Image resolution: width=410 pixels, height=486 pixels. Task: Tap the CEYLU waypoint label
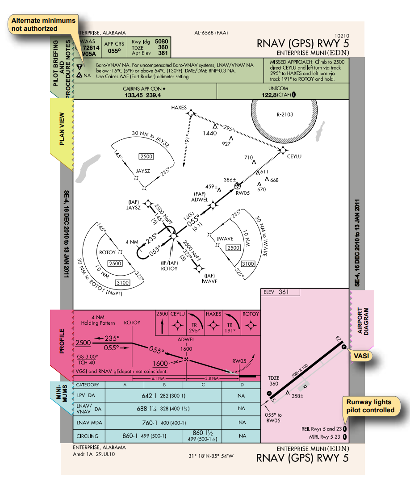coord(294,156)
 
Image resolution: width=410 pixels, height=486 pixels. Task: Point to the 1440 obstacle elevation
coord(209,133)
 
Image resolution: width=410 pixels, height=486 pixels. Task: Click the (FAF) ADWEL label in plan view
coord(200,197)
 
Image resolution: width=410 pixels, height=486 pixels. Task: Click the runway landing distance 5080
coord(161,41)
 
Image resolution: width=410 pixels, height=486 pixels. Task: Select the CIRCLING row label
coord(88,436)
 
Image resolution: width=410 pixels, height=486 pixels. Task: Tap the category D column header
coord(241,384)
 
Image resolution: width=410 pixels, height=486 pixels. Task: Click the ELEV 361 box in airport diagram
coord(278,292)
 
